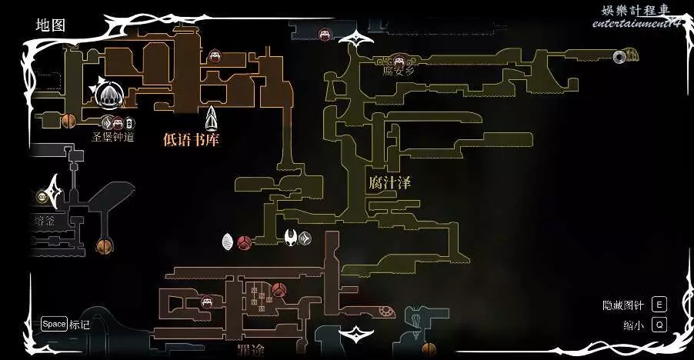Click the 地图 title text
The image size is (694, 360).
[51, 25]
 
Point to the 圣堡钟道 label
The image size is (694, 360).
[113, 137]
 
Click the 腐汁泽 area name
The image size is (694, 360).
[389, 183]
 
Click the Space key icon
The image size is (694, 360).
[54, 324]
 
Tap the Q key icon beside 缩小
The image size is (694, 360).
[659, 325]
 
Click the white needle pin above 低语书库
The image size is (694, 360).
[212, 117]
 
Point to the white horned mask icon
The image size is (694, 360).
[292, 238]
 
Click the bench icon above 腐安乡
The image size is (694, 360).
[400, 58]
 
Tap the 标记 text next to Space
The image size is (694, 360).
[79, 325]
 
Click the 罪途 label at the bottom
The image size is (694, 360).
[251, 351]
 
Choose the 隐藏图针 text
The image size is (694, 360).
[622, 305]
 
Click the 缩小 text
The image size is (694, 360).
[633, 325]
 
